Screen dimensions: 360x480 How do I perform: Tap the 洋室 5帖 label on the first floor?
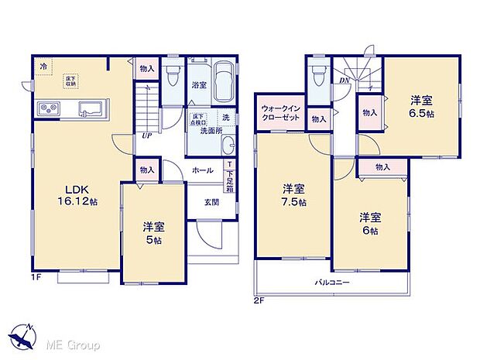click(x=152, y=233)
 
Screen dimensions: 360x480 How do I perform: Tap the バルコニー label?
click(x=333, y=282)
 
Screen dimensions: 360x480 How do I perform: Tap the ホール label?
click(x=203, y=170)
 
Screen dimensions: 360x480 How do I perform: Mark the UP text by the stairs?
click(x=146, y=135)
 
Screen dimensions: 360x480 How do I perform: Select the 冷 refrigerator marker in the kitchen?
click(x=43, y=67)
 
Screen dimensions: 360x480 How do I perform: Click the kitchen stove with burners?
click(x=46, y=108)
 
